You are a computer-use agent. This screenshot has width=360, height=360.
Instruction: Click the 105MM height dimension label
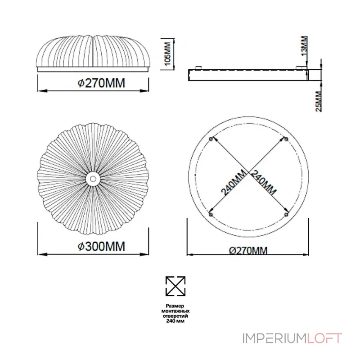click(168, 54)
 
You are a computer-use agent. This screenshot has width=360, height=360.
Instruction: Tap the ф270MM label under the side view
click(102, 83)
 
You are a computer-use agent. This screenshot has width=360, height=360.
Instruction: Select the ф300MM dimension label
click(102, 246)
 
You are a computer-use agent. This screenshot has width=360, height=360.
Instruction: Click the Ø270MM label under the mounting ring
click(248, 251)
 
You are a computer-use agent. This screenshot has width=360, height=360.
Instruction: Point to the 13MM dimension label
click(304, 46)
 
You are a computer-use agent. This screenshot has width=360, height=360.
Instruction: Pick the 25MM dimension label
click(318, 102)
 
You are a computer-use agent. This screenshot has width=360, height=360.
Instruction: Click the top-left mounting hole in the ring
click(211, 139)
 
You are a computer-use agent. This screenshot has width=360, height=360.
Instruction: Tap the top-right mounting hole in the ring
click(286, 139)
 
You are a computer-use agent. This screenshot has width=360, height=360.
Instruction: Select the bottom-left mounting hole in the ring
click(211, 215)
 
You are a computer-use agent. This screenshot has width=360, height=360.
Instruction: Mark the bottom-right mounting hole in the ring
click(286, 215)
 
